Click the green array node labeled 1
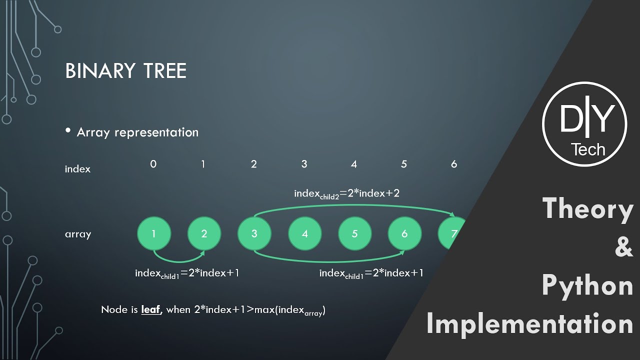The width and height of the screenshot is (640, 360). tap(154, 233)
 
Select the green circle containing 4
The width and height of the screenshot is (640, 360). tap(304, 233)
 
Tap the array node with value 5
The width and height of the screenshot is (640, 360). tap(354, 233)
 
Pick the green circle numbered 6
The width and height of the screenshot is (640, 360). tap(404, 233)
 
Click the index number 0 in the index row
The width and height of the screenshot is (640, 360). tap(153, 164)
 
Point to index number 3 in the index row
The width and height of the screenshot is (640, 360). tap(304, 164)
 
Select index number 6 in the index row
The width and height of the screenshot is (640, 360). tap(454, 164)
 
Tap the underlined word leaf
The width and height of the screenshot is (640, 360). tap(150, 309)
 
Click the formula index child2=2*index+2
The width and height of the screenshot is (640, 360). tap(346, 193)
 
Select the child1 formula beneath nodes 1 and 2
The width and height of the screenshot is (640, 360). tap(186, 273)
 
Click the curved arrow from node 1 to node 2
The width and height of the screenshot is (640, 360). tap(178, 259)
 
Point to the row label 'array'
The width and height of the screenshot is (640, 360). tap(77, 234)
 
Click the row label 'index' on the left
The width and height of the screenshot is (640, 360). tap(77, 169)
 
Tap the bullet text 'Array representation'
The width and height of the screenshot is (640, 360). tap(137, 132)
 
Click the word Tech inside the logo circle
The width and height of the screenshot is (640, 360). tap(588, 149)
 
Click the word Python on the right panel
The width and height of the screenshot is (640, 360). tap(587, 285)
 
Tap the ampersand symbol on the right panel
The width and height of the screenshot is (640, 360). tap(623, 247)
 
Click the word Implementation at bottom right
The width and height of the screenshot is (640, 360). tap(530, 324)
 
